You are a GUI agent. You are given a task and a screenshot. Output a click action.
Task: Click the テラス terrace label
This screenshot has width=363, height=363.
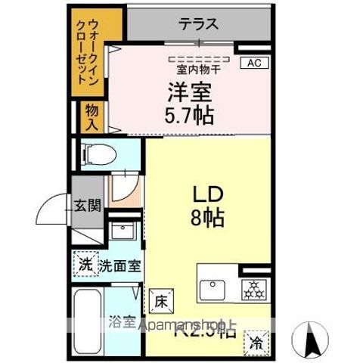pyautogui.click(x=198, y=24)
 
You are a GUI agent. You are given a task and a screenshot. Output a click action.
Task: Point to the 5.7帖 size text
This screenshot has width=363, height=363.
pyautogui.click(x=189, y=116)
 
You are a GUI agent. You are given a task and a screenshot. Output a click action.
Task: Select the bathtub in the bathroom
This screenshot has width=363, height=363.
pyautogui.click(x=89, y=321)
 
